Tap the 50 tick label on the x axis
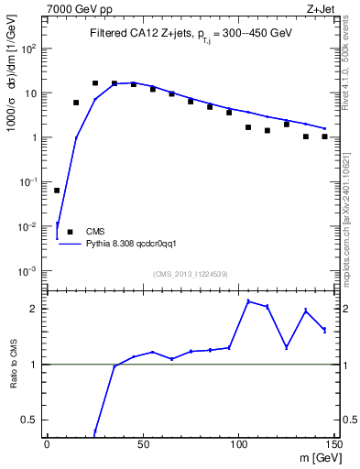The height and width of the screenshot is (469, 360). pos(143,445)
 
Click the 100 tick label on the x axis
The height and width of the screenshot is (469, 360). pos(239,445)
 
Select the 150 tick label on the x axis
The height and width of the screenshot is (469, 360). pos(334,445)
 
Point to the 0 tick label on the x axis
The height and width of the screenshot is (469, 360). pos(48,445)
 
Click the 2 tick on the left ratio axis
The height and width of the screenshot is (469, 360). pos(35,309)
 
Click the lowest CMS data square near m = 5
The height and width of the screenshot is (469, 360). pos(57,191)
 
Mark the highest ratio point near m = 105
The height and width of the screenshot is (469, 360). pos(248,301)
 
